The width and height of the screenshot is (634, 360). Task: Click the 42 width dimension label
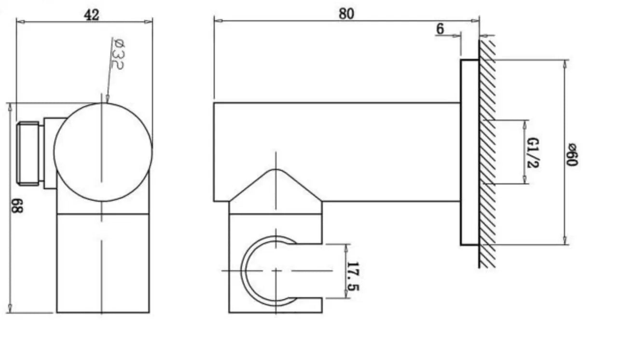(91, 15)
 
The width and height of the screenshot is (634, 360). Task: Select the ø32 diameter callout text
(116, 53)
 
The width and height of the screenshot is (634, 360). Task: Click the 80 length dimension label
(345, 14)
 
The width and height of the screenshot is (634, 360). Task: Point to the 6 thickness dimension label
(440, 29)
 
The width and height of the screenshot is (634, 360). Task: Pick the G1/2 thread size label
(533, 152)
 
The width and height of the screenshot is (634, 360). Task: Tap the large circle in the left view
(103, 152)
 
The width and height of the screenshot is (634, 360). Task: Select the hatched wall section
(487, 154)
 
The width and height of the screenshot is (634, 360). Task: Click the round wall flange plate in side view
(469, 152)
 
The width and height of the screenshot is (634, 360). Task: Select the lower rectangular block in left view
(103, 263)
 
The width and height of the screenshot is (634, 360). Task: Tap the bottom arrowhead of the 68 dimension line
(10, 308)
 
